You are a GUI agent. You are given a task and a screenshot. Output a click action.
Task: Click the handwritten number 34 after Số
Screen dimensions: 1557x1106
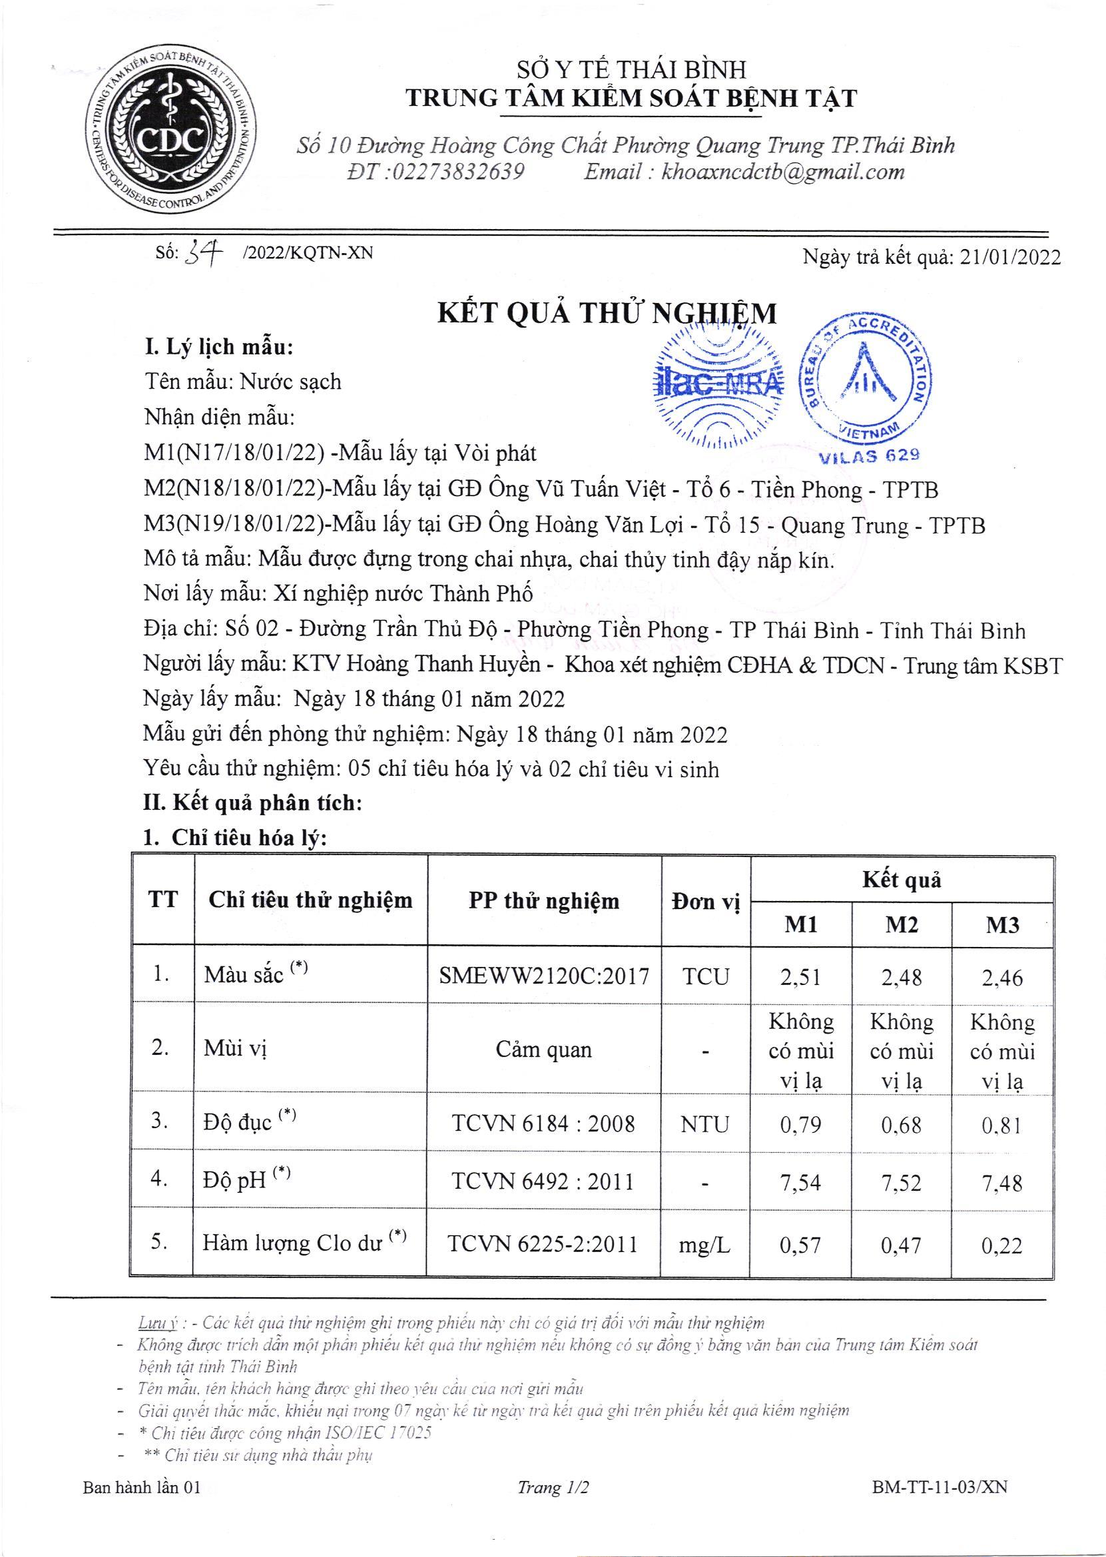click(x=208, y=253)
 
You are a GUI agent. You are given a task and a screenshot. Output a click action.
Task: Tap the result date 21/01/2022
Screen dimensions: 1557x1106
click(x=1010, y=256)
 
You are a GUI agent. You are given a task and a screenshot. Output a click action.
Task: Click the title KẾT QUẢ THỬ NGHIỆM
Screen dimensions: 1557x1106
click(x=606, y=313)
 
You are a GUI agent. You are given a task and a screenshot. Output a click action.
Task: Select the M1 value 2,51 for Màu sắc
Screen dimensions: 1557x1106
click(x=801, y=978)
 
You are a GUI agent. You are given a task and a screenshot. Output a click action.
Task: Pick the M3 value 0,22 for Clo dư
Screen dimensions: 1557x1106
click(x=1002, y=1246)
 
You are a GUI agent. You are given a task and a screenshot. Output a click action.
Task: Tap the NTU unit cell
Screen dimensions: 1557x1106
click(x=705, y=1124)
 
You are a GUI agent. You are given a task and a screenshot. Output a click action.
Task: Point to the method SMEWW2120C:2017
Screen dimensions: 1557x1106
click(x=544, y=977)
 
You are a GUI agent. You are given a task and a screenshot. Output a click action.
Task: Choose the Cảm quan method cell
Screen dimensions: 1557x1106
click(x=543, y=1050)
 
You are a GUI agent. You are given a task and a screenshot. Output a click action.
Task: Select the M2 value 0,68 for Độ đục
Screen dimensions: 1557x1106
click(x=901, y=1124)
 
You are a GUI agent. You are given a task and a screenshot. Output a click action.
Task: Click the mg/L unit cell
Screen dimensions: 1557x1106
click(x=705, y=1245)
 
